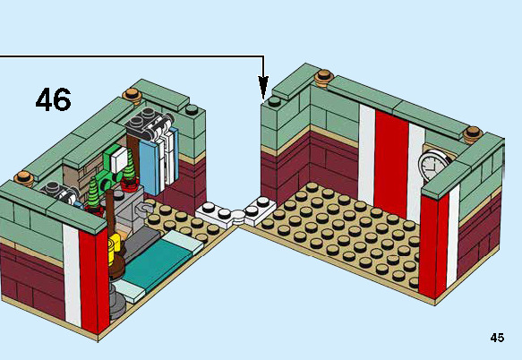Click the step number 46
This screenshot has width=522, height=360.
pos(53,99)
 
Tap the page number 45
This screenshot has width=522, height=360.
pos(497,338)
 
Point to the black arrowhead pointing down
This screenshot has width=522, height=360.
pos(263,87)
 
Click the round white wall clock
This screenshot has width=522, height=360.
pos(432,166)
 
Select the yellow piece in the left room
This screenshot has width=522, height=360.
pos(115,245)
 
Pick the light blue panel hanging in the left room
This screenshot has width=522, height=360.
pos(150,167)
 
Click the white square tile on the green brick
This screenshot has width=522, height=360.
pos(119,160)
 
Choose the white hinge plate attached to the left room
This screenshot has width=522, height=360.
pos(217,216)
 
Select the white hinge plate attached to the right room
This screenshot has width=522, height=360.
pos(260,210)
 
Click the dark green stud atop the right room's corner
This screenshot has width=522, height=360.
pos(274,101)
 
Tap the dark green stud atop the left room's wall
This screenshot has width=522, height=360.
pos(192,109)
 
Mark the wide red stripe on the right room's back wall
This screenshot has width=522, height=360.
pos(391,165)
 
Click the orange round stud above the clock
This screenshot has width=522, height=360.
pos(473,134)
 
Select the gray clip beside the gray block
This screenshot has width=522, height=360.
pos(145,209)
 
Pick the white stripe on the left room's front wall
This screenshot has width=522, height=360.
pos(72,275)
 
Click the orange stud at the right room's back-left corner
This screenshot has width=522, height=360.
pos(324,78)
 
